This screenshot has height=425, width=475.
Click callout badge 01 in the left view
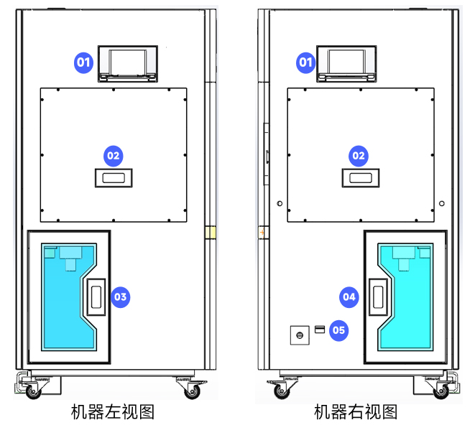click(84, 62)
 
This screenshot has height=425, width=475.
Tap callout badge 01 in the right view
click(307, 62)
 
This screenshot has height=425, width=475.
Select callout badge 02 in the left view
click(114, 155)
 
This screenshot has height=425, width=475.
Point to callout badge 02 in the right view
click(358, 155)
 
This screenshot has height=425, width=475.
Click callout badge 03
click(120, 296)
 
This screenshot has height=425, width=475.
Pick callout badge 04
click(349, 296)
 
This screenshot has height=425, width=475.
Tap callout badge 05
click(338, 330)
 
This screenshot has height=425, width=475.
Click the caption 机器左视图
click(113, 412)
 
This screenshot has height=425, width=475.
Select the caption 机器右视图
click(356, 412)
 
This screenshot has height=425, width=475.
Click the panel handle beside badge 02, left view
click(114, 177)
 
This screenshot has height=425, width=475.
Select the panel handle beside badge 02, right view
click(359, 177)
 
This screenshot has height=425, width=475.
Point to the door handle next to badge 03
click(96, 296)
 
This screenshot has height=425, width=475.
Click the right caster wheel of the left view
click(192, 391)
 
